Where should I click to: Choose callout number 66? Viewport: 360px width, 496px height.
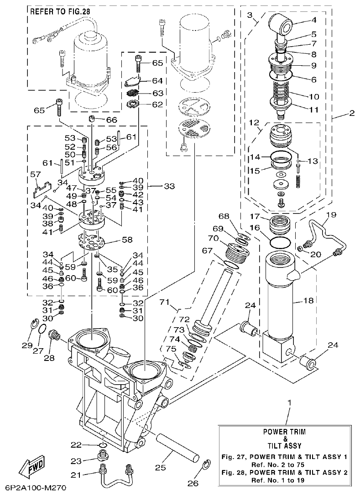(112, 120)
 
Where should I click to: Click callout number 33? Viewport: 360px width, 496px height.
(169, 186)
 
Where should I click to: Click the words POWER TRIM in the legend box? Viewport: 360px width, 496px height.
(284, 431)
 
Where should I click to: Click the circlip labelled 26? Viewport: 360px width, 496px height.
(206, 466)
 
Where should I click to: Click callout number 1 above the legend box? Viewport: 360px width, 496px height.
(289, 403)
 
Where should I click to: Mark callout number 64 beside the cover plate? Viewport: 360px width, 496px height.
(157, 80)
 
